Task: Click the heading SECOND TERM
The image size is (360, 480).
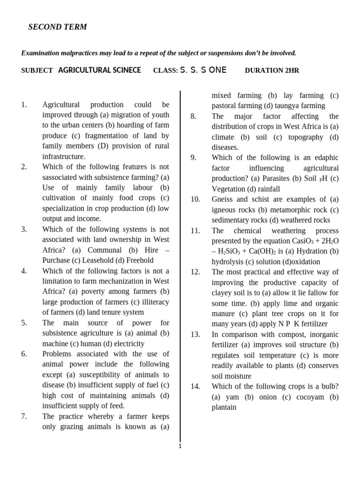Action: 58,27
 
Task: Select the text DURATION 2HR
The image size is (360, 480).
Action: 272,71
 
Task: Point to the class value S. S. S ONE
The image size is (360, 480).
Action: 203,70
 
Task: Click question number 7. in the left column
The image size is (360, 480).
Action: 24,416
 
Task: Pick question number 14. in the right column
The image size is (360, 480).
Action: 195,386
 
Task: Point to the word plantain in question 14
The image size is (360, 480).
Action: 224,407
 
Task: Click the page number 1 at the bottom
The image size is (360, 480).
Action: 180,446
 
